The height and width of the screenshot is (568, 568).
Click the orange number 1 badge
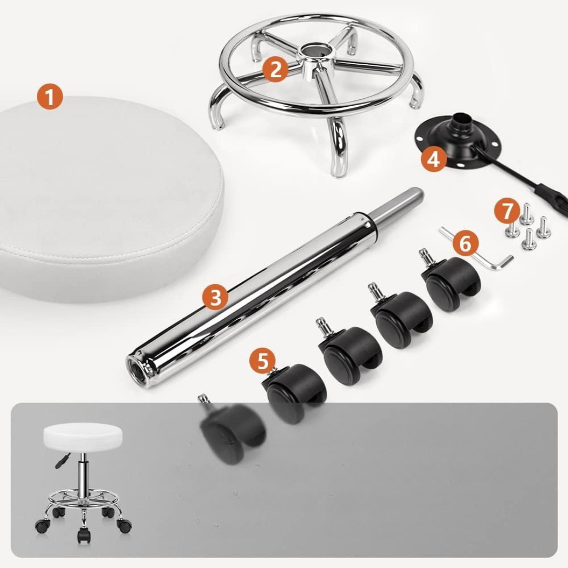coord(50,97)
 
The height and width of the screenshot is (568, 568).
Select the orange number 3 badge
coord(216,297)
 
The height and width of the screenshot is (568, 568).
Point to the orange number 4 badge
coord(433,159)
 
